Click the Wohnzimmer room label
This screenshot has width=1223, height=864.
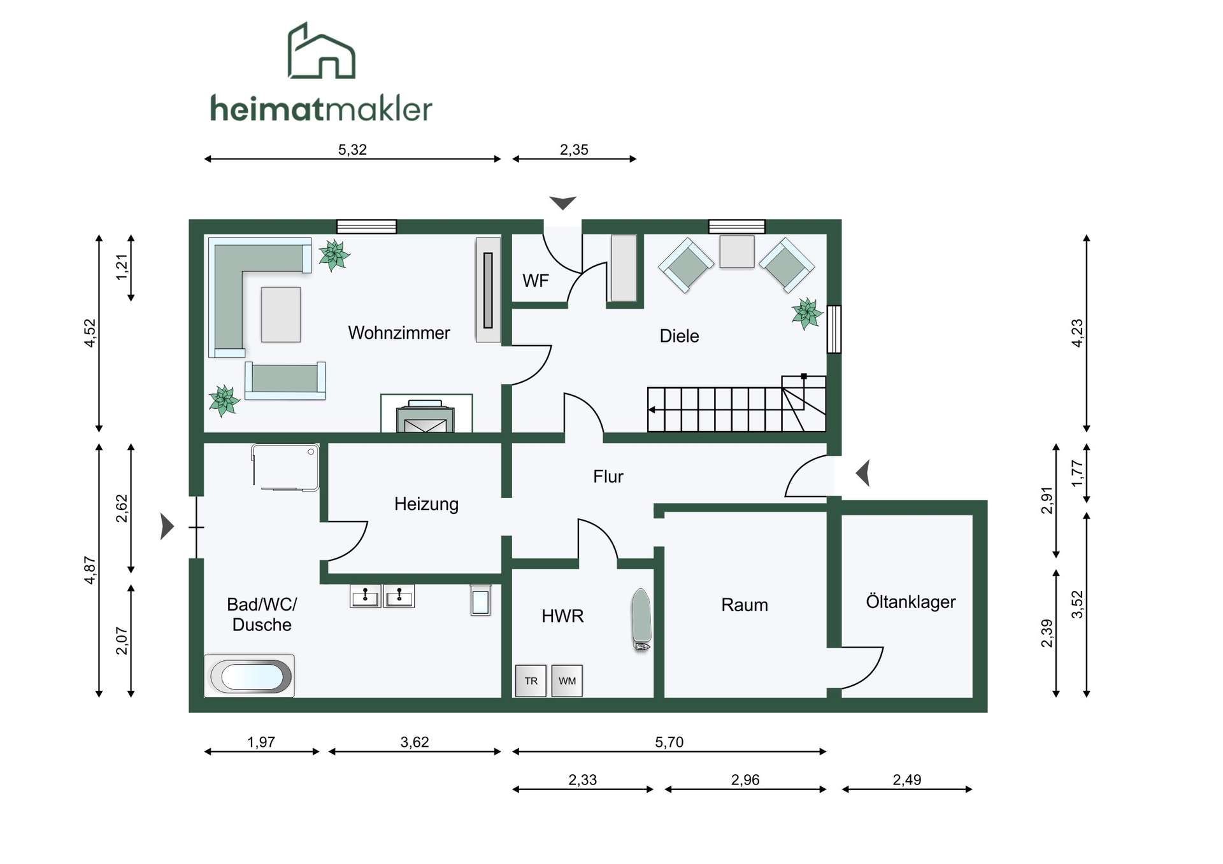[399, 333]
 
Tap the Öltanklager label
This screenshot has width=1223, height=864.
[910, 602]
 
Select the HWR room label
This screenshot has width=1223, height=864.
[562, 616]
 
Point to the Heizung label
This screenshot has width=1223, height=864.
[426, 504]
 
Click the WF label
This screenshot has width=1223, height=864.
[536, 281]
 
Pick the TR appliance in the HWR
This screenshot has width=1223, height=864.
[531, 681]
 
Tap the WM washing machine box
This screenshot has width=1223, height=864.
[567, 681]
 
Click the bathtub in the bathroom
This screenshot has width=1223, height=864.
[250, 676]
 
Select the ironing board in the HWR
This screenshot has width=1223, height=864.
[641, 620]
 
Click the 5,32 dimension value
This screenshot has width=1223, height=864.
[352, 150]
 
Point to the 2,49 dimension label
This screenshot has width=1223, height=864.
[907, 780]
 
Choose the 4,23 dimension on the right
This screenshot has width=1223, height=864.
[1077, 333]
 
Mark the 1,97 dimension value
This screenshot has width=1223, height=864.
[261, 742]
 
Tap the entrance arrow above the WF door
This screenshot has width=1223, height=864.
[563, 203]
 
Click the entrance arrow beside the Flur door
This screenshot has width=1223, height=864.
[864, 473]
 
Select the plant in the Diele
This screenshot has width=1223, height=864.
[807, 313]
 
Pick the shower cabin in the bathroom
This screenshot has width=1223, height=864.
[285, 467]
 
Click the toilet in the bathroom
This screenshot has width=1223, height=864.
[481, 600]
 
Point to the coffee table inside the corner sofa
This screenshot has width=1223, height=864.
[281, 315]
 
